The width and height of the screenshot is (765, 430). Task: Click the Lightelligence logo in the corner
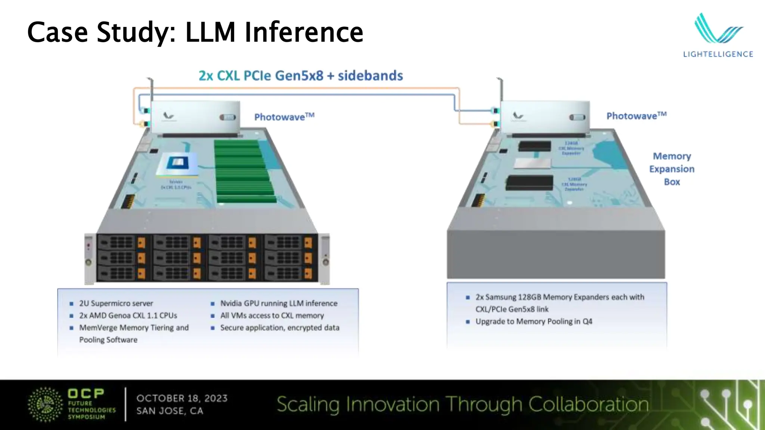point(718,35)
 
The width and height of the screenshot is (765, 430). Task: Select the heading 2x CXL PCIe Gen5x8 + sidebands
point(301,76)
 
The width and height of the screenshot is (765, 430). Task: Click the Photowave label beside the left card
point(284,117)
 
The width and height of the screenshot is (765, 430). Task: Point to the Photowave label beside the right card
point(636,116)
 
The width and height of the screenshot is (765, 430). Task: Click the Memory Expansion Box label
point(672,169)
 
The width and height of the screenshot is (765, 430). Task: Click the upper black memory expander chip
point(535,146)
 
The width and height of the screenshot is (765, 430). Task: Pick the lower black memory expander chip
point(530,183)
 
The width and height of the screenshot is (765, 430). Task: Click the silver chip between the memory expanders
point(533,163)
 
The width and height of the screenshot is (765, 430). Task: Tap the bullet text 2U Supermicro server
point(116,303)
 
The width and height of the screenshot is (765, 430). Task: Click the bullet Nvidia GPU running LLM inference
point(279,303)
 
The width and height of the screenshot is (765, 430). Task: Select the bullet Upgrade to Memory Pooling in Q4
point(534,321)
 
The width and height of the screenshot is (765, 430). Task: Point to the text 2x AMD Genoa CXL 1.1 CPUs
point(128,315)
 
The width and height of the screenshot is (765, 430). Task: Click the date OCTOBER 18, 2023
point(182,398)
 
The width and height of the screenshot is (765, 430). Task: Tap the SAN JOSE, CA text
point(170,411)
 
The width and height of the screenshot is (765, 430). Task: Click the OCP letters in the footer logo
point(86,393)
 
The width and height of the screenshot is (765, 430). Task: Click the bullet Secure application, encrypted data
point(280,328)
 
